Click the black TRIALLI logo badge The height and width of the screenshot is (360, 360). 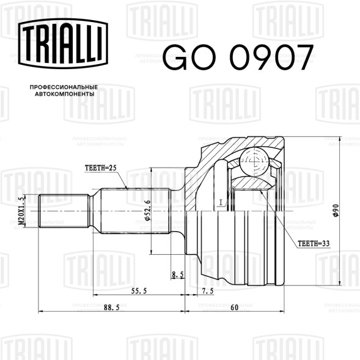pos(63,43)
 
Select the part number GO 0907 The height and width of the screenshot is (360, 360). pos(238,57)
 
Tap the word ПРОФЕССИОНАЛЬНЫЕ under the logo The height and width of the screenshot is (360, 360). pos(64,87)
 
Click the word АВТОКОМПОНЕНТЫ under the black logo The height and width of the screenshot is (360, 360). pos(65,94)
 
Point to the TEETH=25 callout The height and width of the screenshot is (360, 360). pos(101,168)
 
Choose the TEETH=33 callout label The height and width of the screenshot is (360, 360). pos(314,243)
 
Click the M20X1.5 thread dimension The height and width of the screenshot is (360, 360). pos(21,211)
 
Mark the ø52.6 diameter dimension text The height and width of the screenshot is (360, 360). pos(147,210)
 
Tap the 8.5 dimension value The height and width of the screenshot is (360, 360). pos(178,274)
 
